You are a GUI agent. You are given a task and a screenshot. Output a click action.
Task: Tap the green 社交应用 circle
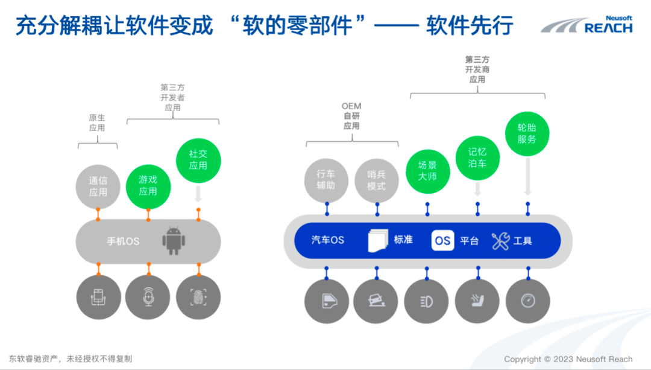[x=198, y=159]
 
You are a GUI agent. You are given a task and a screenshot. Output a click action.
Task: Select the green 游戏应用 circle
[x=148, y=185]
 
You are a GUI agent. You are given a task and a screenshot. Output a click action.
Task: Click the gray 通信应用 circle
[x=98, y=185]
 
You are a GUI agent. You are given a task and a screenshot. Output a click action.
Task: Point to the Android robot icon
[x=173, y=240]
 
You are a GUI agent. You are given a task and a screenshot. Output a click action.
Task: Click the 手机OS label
[x=123, y=241]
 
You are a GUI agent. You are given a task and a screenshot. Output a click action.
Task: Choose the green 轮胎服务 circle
[x=527, y=133]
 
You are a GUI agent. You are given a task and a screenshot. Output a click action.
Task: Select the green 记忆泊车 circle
[x=477, y=158]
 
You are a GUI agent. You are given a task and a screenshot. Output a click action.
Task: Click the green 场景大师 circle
[x=427, y=171]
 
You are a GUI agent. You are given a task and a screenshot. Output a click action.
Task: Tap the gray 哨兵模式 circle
[x=377, y=180]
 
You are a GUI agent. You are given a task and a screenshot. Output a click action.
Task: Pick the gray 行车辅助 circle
[x=326, y=180]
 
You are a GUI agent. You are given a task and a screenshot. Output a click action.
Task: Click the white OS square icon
[x=442, y=240]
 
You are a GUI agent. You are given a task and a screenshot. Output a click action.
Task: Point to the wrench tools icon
[x=500, y=241]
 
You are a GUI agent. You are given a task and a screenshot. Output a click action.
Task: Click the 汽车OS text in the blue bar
[x=327, y=240]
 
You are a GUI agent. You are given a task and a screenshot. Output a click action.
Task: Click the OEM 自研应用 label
[x=351, y=116]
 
